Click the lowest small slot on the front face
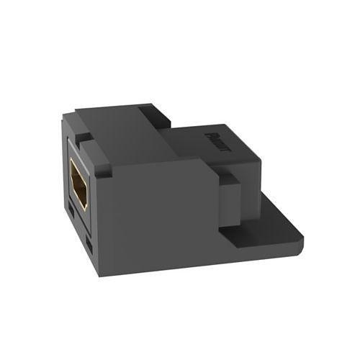pos(89,248)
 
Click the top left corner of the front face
pos(68,137)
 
